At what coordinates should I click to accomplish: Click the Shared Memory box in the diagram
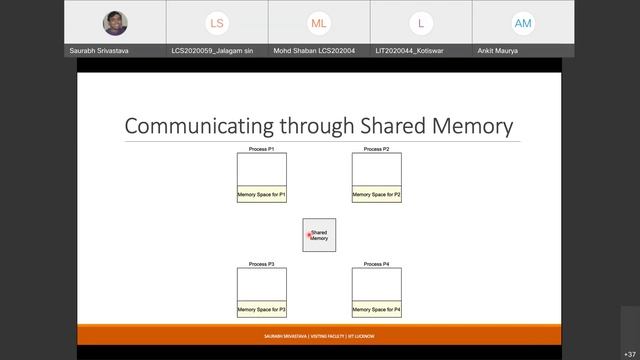(x=319, y=235)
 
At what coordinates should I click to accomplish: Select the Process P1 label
(x=262, y=149)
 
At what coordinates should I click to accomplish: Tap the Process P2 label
(x=376, y=149)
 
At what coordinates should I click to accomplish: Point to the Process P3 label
(x=262, y=264)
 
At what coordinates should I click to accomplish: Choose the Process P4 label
(x=376, y=264)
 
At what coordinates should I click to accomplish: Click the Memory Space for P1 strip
(x=262, y=195)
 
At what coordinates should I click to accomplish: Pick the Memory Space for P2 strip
(x=376, y=195)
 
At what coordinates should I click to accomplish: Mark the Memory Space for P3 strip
(x=262, y=310)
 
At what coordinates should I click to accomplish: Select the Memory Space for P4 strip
(x=376, y=310)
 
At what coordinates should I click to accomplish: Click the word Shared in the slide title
(x=385, y=126)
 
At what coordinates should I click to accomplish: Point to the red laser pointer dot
(x=310, y=235)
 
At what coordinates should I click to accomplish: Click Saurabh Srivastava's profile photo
(x=115, y=23)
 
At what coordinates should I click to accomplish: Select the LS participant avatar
(x=217, y=23)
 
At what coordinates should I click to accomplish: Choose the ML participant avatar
(x=319, y=23)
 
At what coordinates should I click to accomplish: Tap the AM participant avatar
(x=523, y=23)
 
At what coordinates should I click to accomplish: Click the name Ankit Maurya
(x=499, y=50)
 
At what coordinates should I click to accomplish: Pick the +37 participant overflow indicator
(x=629, y=354)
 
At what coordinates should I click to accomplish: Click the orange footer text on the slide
(x=319, y=336)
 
